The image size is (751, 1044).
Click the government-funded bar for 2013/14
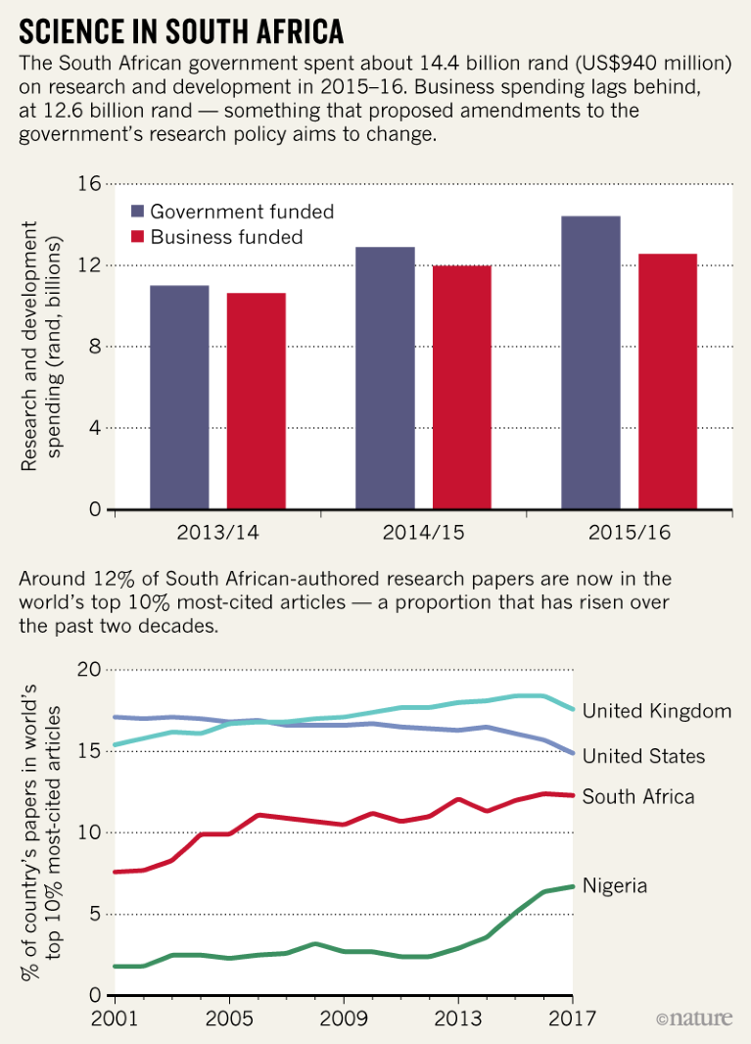179,397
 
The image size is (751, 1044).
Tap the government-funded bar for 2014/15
385,378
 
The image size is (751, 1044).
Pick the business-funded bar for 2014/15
462,387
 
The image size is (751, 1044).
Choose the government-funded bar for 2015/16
590,362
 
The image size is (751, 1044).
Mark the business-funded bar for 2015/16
668,381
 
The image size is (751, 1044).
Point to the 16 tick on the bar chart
90,184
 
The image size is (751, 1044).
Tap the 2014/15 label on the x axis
423,535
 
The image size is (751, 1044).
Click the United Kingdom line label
656,711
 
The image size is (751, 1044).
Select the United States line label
643,756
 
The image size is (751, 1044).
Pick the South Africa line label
638,796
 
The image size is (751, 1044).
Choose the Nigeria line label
615,885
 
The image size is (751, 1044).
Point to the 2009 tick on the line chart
344,1017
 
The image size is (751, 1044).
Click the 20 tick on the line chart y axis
89,670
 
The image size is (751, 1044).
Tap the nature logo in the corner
693,1019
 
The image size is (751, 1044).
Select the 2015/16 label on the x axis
629,535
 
